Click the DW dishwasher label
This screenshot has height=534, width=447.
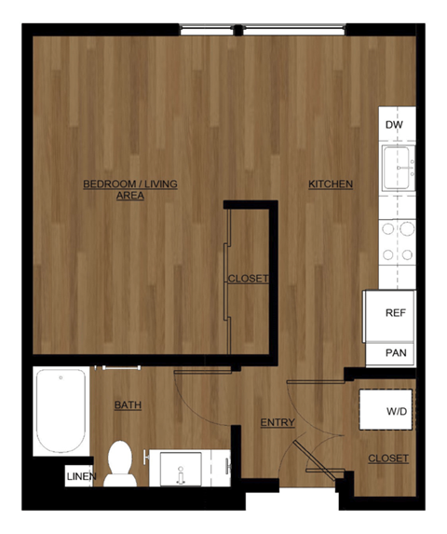393,123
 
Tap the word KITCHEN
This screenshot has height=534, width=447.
331,185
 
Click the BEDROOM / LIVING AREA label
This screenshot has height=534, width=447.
129,189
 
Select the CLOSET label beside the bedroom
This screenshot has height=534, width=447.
249,279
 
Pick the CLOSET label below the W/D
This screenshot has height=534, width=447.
387,459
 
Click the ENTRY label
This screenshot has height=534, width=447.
278,423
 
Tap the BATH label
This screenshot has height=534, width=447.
128,405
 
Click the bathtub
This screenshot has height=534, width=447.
61,410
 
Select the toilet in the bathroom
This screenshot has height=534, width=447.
120,464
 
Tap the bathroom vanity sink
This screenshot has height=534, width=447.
182,469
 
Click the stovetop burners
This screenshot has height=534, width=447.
398,240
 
